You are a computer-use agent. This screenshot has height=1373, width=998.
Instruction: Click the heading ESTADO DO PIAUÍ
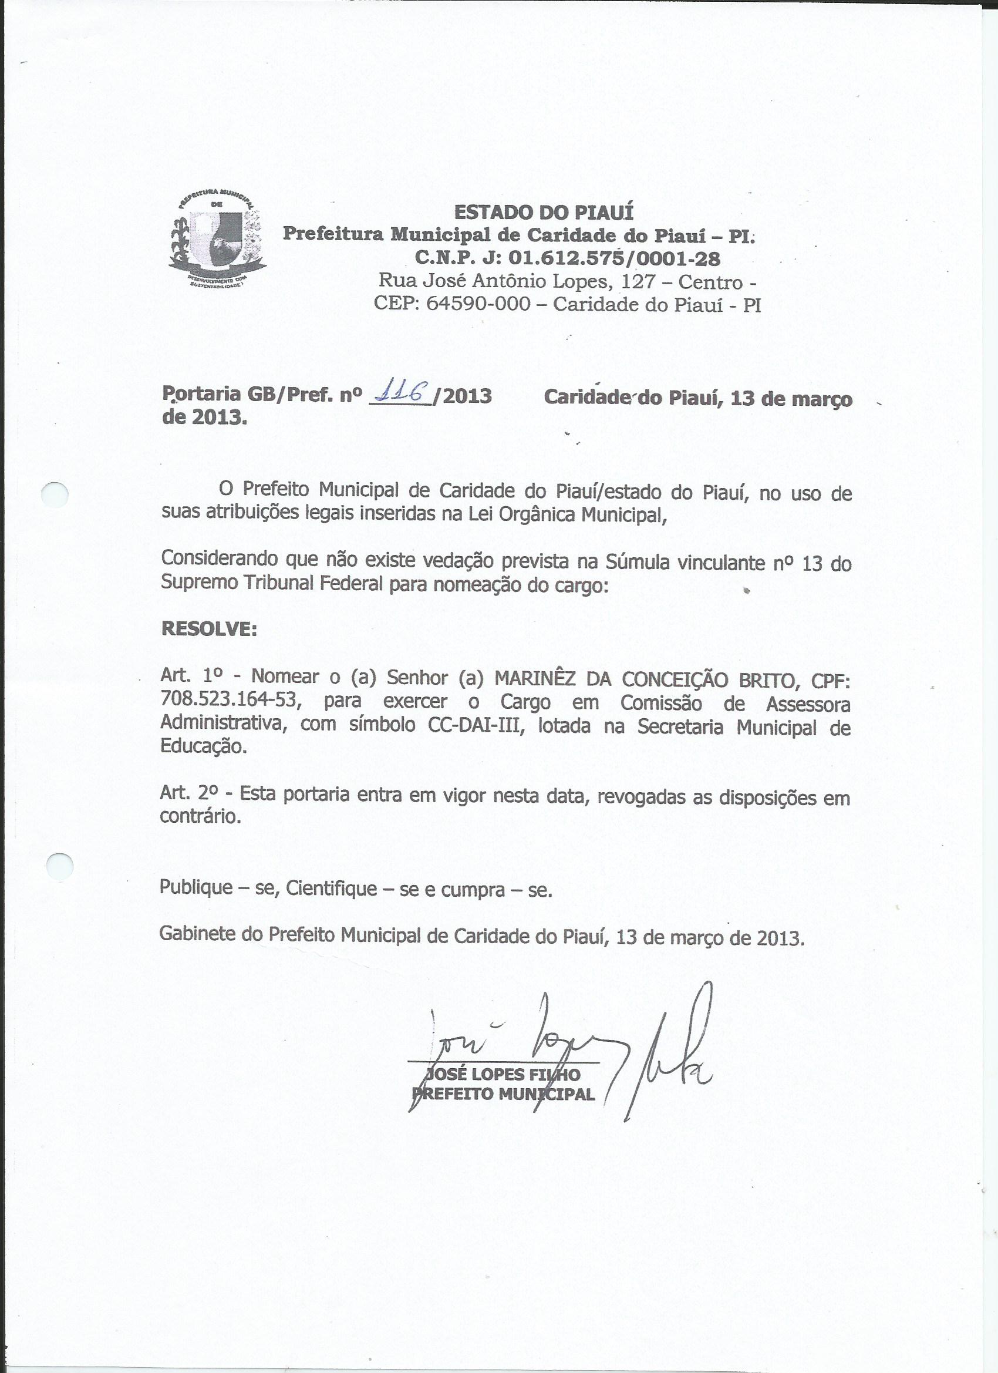[535, 213]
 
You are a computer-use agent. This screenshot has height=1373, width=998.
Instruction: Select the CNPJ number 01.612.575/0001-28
[614, 259]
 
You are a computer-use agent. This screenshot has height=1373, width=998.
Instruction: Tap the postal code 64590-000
[478, 304]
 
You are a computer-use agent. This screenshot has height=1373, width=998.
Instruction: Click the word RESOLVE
[209, 630]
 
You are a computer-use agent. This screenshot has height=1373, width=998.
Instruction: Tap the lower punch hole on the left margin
[59, 864]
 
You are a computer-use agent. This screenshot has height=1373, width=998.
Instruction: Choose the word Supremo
[198, 583]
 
